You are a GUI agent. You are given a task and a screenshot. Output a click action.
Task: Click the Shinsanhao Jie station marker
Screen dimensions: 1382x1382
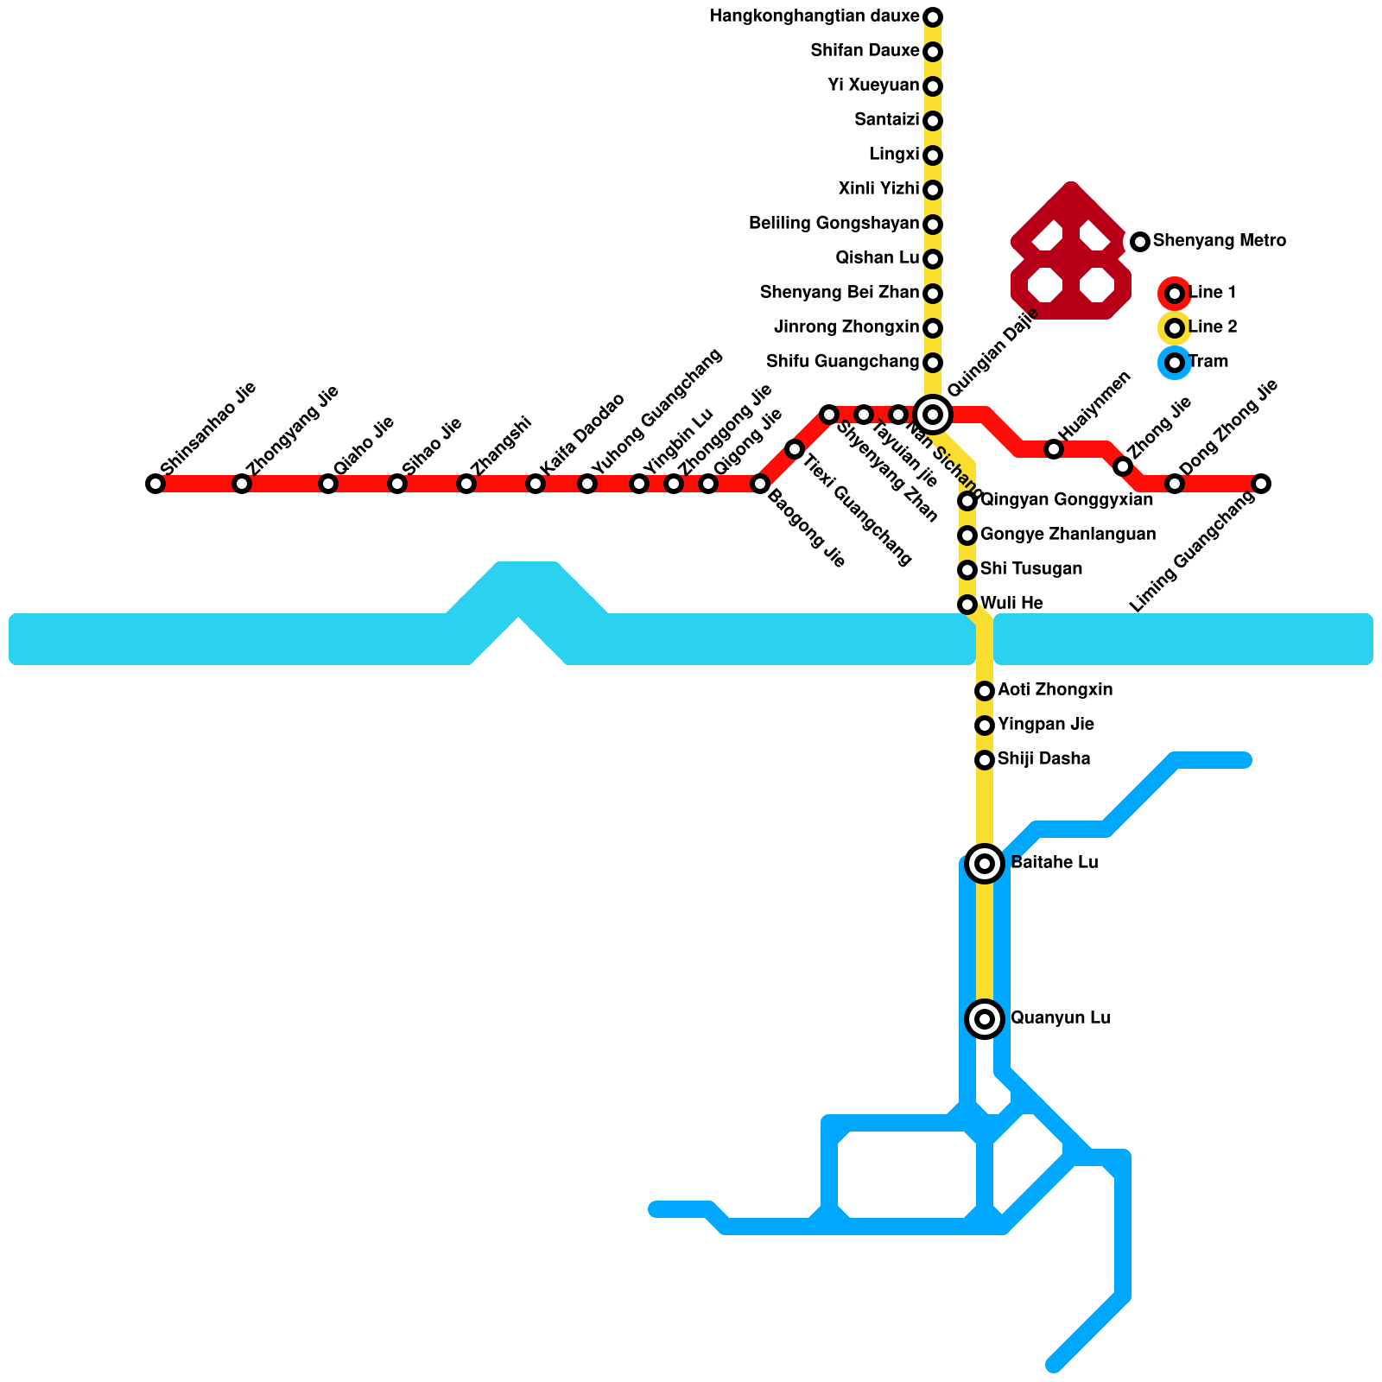[155, 484]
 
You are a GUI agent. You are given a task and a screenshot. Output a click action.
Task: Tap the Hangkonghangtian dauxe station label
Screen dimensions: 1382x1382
[814, 16]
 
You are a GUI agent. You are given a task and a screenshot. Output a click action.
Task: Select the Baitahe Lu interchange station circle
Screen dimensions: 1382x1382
[985, 863]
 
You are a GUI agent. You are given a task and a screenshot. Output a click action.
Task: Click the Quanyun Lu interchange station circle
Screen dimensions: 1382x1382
[985, 1018]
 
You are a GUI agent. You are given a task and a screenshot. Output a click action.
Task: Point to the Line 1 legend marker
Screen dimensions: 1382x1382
[1174, 294]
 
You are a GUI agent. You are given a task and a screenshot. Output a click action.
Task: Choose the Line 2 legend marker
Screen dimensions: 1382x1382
[1174, 328]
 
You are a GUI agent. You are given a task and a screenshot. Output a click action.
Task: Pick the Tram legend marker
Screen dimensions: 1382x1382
[1174, 363]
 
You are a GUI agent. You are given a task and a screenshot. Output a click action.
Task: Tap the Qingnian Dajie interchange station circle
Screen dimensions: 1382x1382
[933, 414]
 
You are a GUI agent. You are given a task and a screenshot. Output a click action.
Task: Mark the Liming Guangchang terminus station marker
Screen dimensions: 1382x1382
[1261, 484]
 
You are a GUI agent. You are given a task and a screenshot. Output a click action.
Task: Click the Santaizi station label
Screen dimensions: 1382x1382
[886, 120]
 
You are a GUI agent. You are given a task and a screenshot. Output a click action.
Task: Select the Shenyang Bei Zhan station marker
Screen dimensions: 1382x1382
[933, 294]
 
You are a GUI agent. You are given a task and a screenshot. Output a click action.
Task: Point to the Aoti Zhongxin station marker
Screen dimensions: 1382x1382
[985, 691]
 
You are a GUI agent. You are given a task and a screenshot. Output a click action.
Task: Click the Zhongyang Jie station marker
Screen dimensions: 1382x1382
[242, 484]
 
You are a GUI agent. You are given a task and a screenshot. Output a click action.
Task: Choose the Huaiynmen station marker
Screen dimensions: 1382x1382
[1054, 449]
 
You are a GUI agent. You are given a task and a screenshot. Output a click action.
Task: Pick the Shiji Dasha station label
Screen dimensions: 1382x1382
[1043, 759]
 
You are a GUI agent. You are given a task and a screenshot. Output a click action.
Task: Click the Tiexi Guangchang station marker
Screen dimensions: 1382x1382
[795, 449]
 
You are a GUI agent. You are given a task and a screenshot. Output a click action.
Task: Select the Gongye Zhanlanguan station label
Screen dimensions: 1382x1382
[1068, 535]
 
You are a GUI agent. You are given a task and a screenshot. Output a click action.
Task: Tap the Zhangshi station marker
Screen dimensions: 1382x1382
[466, 484]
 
